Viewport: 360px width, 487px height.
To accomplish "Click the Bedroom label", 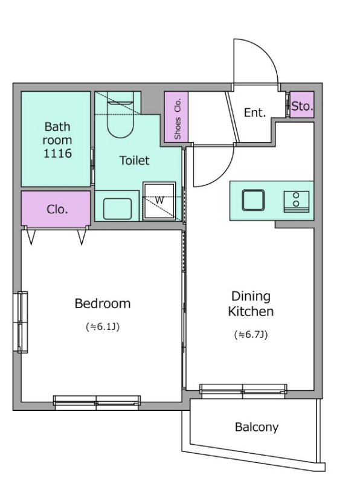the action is [103, 303].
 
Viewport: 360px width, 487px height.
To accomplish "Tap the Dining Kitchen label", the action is [251, 304].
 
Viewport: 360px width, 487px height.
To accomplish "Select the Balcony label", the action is [257, 427].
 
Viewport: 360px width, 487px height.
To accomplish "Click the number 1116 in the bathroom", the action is [57, 153].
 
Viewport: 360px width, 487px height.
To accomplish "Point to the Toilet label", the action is [135, 160].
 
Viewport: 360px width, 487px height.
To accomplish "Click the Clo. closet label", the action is [57, 209].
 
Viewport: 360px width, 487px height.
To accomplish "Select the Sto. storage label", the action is [302, 106].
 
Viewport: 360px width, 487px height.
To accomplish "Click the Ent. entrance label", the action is [255, 112].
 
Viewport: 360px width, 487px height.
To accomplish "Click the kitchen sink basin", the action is [253, 201].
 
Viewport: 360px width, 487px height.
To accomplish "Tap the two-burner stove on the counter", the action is [297, 202].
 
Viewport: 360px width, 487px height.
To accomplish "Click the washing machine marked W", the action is [159, 201].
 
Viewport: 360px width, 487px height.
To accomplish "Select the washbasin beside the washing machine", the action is [117, 208].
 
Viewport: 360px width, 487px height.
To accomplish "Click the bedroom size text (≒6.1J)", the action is [103, 327].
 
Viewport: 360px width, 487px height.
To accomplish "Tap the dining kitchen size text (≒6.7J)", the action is [251, 335].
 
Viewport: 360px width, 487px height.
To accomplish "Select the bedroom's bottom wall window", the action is [97, 402].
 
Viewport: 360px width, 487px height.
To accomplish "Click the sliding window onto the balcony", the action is [243, 391].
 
